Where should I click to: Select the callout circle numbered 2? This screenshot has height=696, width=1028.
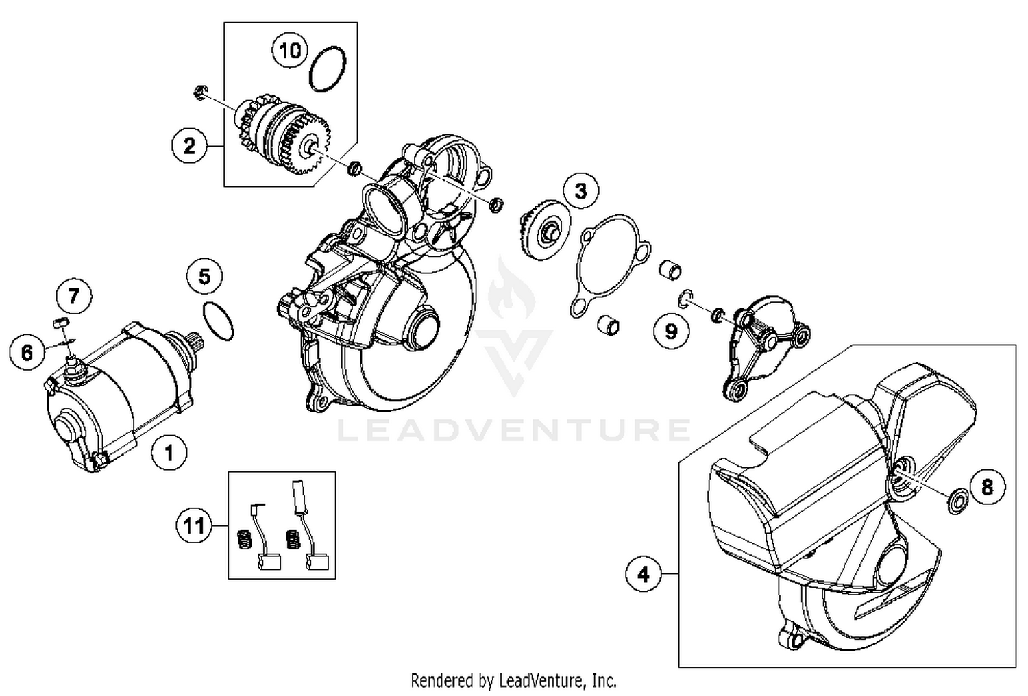point(189,145)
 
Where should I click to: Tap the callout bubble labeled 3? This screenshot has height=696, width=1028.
point(580,190)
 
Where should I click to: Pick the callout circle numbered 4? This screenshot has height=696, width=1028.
point(643,574)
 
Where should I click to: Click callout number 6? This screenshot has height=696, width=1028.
point(27,352)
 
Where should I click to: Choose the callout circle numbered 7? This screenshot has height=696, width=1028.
point(73,297)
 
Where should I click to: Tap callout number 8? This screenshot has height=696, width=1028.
point(987,486)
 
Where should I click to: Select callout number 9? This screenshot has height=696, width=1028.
point(670,332)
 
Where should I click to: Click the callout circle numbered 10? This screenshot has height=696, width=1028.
point(290,51)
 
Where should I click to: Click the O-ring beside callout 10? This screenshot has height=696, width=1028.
point(328,69)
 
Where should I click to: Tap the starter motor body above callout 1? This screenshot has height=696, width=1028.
point(117,397)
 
